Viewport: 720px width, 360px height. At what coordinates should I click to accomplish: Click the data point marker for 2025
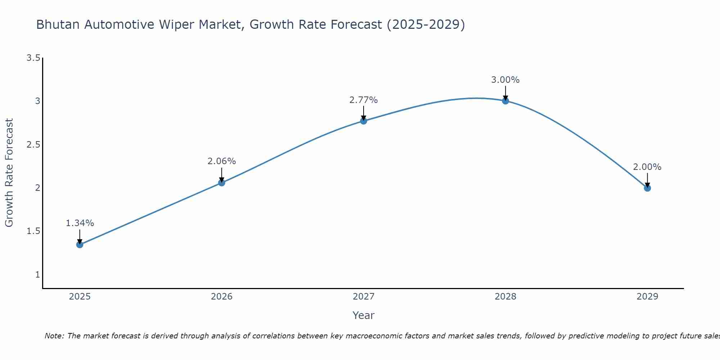(x=80, y=245)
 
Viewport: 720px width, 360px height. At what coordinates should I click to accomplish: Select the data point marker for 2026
(x=222, y=183)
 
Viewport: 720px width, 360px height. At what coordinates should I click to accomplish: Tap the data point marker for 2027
(x=364, y=121)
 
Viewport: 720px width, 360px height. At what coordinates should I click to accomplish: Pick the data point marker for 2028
(x=505, y=101)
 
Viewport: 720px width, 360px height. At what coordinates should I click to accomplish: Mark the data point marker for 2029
(x=647, y=188)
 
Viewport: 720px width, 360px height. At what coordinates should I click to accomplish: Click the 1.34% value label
(x=80, y=223)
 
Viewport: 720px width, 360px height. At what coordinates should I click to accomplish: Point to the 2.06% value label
(x=222, y=161)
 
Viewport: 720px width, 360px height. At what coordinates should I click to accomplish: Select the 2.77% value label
(x=364, y=100)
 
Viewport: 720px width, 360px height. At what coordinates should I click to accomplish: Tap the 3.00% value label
(x=505, y=80)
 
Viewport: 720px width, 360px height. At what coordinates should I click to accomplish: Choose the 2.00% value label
(x=647, y=167)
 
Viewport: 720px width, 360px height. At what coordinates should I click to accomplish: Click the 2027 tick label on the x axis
(x=364, y=297)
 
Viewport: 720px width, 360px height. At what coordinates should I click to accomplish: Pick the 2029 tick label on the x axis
(x=647, y=297)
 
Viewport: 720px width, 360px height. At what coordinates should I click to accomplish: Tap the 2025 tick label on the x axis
(x=80, y=297)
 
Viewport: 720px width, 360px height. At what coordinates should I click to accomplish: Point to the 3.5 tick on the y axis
(x=33, y=58)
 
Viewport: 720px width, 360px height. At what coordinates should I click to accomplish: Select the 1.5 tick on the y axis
(x=33, y=231)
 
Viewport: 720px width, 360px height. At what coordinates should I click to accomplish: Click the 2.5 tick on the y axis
(x=33, y=145)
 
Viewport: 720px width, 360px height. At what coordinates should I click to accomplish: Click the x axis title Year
(x=364, y=315)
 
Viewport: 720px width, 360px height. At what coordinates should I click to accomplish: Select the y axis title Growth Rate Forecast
(x=9, y=173)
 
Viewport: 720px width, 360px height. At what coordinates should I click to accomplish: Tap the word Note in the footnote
(x=54, y=336)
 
